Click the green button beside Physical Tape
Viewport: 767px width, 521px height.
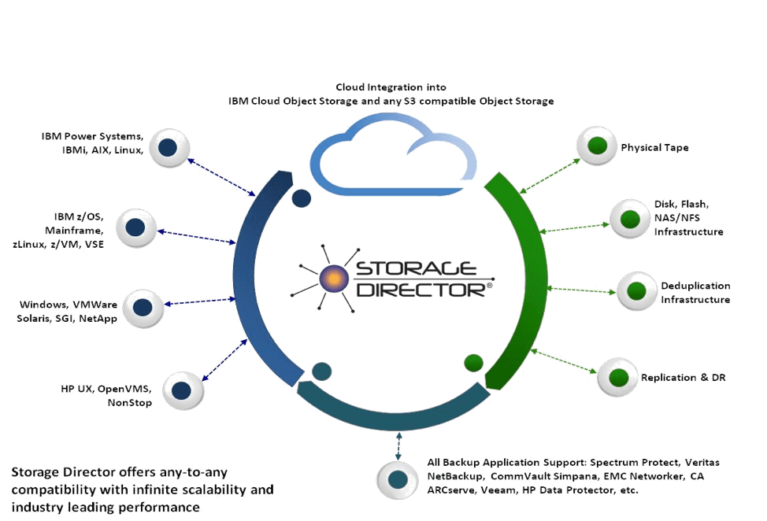click(x=598, y=146)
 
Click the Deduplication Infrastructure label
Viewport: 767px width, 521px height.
click(x=695, y=293)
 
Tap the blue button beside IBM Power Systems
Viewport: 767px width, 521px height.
click(x=167, y=147)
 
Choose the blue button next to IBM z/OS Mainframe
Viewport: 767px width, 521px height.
click(x=135, y=228)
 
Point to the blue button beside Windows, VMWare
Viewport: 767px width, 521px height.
click(x=143, y=307)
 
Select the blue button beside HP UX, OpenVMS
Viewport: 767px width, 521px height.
click(x=181, y=389)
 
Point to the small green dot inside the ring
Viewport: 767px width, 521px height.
click(x=473, y=362)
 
